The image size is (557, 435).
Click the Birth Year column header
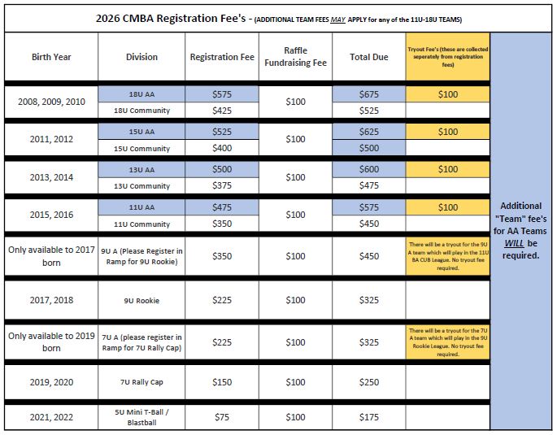51,57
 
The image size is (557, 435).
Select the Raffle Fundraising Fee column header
295,57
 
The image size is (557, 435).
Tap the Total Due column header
368,57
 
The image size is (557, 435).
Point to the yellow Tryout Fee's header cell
447,57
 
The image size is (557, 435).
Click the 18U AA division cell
141,94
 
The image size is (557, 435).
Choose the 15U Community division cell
141,149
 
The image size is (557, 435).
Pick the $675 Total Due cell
368,94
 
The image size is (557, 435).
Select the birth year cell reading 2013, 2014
51,177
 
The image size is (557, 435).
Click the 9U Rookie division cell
141,301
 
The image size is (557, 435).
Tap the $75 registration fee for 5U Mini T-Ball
222,417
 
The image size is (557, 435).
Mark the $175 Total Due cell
368,417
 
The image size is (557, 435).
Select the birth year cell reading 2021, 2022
51,417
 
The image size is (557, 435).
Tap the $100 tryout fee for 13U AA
447,169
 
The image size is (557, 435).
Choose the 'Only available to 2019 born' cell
51,342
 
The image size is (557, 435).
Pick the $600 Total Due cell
368,169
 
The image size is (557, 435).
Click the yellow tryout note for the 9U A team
447,255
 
